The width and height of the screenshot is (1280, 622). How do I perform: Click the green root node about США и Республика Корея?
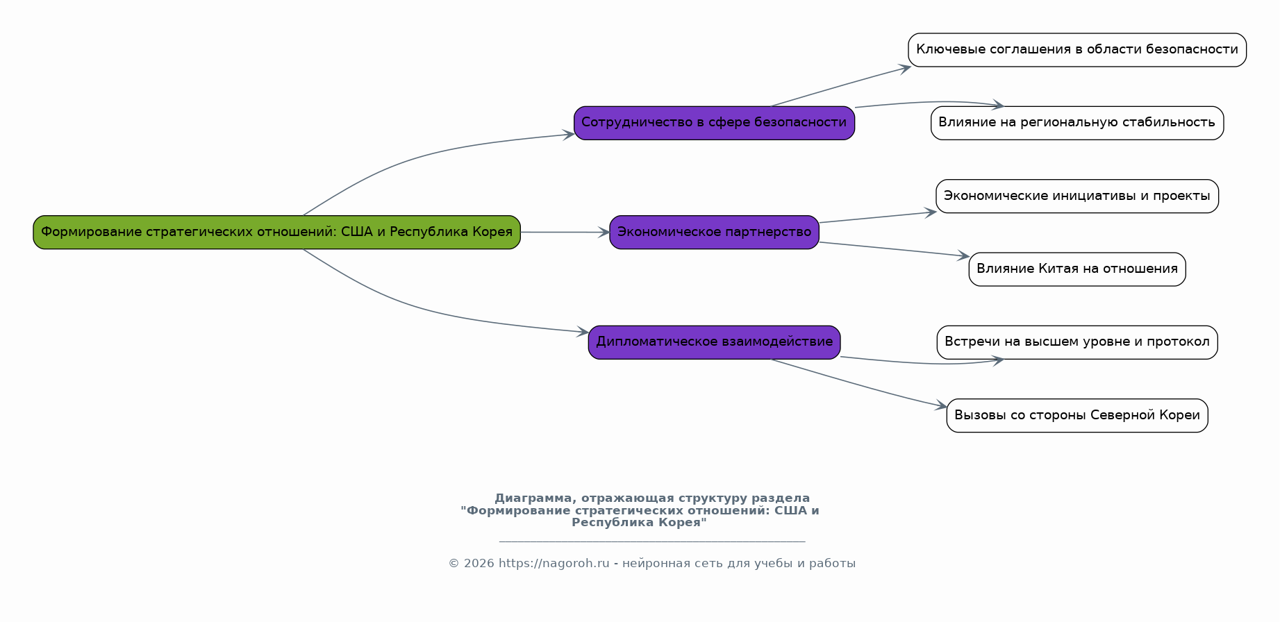point(276,232)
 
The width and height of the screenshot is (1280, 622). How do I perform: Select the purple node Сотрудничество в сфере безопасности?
point(714,123)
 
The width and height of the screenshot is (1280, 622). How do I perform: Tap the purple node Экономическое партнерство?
point(714,232)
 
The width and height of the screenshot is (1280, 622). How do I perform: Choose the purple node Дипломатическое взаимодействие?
point(714,342)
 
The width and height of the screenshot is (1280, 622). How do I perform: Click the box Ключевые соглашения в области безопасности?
point(1077,50)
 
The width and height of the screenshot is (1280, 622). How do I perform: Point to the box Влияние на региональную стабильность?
point(1077,123)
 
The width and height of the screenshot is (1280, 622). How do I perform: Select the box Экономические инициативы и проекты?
point(1077,196)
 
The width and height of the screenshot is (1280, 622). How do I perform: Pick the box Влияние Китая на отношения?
point(1077,269)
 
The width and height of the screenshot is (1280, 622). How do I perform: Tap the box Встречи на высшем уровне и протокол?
point(1077,342)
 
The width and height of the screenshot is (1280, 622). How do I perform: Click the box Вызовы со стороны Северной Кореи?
point(1077,415)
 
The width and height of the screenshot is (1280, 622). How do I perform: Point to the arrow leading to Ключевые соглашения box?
point(840,87)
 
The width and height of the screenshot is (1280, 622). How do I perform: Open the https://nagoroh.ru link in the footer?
point(554,564)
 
